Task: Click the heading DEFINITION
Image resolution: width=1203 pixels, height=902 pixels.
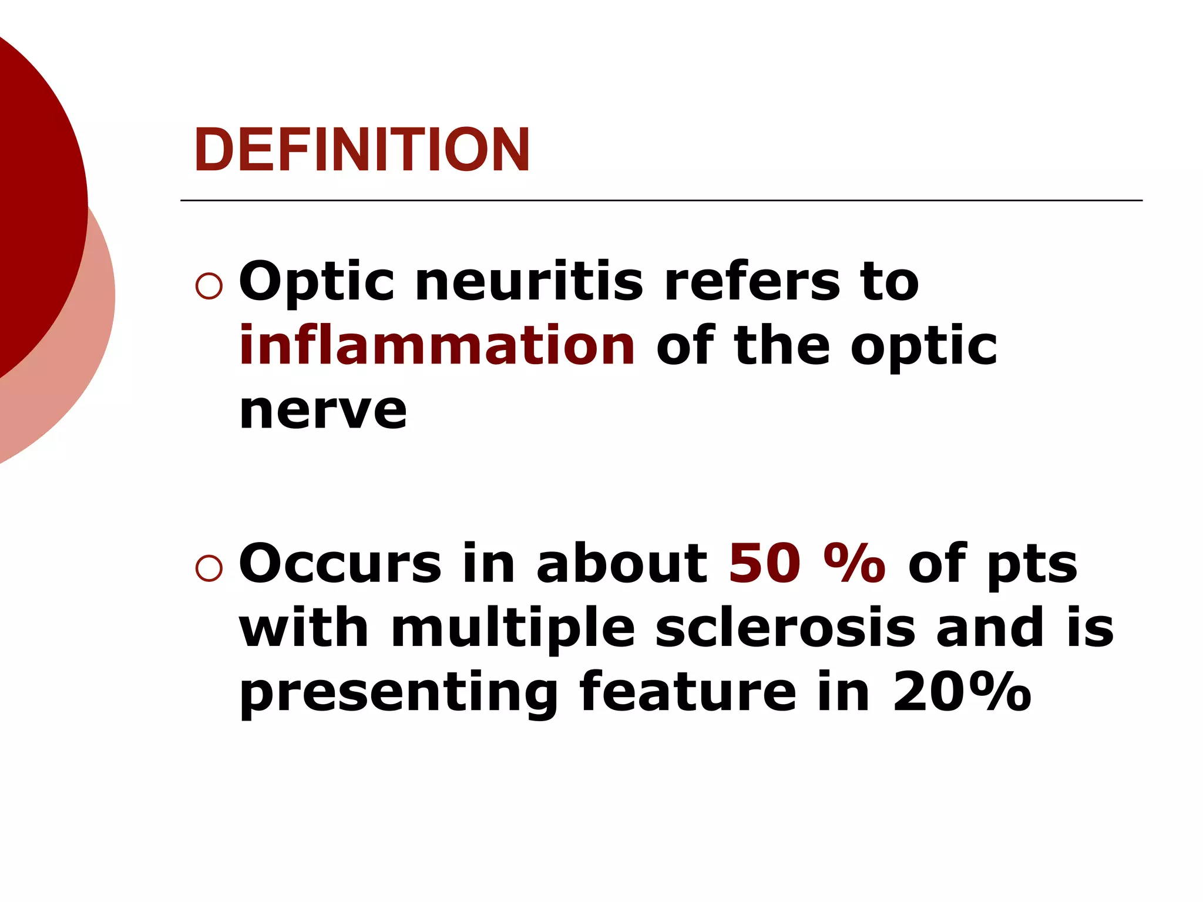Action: pyautogui.click(x=362, y=150)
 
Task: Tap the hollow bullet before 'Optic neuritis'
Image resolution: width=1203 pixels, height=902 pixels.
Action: pyautogui.click(x=209, y=287)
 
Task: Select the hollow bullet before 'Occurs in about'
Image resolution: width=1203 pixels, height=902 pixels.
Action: pyautogui.click(x=209, y=568)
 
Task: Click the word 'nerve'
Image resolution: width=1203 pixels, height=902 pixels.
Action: pyautogui.click(x=323, y=410)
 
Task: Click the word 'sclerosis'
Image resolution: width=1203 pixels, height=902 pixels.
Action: pyautogui.click(x=785, y=628)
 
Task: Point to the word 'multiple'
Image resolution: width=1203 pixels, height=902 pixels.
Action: pyautogui.click(x=513, y=628)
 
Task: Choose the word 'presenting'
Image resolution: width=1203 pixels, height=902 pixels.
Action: pyautogui.click(x=399, y=693)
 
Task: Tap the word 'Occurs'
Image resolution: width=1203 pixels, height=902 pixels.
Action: pyautogui.click(x=340, y=564)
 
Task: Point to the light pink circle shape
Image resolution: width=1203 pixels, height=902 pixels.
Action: pyautogui.click(x=88, y=352)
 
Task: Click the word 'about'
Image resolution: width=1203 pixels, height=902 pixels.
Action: pyautogui.click(x=622, y=564)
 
